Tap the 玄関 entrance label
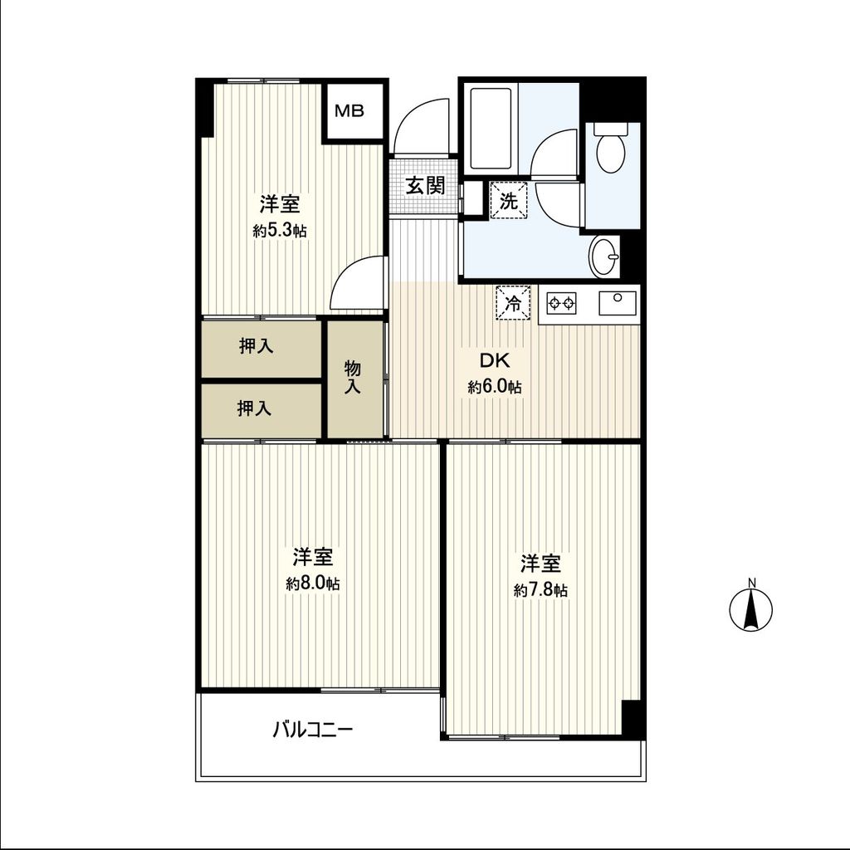425,186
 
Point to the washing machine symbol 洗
508,200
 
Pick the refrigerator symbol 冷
514,302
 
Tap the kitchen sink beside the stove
618,303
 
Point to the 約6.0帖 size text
495,387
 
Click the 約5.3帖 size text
280,232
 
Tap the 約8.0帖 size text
313,584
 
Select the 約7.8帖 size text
540,590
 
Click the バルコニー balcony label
314,731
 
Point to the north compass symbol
750,609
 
